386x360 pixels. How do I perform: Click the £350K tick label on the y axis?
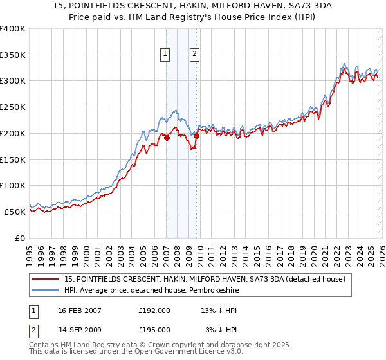pyautogui.click(x=13, y=55)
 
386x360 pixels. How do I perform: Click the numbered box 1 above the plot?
pyautogui.click(x=166, y=55)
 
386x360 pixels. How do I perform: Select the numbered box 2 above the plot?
pyautogui.click(x=194, y=55)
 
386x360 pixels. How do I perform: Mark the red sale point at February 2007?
pyautogui.click(x=167, y=138)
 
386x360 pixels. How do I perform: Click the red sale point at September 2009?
pyautogui.click(x=196, y=136)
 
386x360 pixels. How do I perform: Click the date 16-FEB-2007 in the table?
pyautogui.click(x=80, y=310)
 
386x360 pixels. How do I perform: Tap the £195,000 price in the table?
pyautogui.click(x=154, y=329)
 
